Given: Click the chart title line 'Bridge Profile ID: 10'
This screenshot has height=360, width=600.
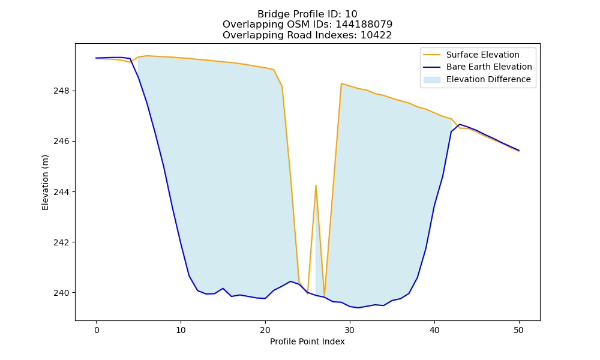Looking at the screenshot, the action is click(x=307, y=14).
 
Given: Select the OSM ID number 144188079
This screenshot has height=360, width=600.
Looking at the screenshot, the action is click(x=364, y=25).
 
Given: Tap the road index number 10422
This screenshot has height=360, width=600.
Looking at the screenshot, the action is click(x=376, y=35).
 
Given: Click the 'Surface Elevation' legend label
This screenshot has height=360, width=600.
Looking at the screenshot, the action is click(x=482, y=55).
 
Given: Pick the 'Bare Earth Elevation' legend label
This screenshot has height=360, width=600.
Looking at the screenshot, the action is click(x=489, y=67).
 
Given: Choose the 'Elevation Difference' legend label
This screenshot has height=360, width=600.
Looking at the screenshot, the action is click(x=488, y=79).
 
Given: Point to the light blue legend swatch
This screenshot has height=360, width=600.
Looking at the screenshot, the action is click(x=431, y=80).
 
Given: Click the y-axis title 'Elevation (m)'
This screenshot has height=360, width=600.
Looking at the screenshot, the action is click(x=45, y=182).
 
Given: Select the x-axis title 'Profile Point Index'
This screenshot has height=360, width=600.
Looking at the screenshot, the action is click(x=307, y=341).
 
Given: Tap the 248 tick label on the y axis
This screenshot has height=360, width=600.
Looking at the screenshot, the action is click(x=62, y=91).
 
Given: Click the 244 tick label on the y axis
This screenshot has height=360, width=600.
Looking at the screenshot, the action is click(x=62, y=192).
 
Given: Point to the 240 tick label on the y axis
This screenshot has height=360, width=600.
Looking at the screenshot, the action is click(x=62, y=293).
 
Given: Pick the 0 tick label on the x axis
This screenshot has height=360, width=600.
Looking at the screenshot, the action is click(x=97, y=330).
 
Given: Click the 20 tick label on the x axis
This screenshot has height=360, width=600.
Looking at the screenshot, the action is click(x=265, y=330).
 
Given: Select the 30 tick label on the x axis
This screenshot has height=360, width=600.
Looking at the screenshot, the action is click(x=350, y=330).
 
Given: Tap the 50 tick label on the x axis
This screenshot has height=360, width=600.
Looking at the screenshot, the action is click(x=518, y=330).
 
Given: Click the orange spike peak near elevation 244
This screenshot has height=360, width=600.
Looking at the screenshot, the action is click(x=316, y=185).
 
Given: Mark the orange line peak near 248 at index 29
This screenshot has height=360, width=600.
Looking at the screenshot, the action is click(x=341, y=83).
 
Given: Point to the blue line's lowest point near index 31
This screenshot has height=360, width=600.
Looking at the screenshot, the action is click(x=358, y=308).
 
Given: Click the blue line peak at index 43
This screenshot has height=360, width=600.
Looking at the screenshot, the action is click(x=459, y=124).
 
